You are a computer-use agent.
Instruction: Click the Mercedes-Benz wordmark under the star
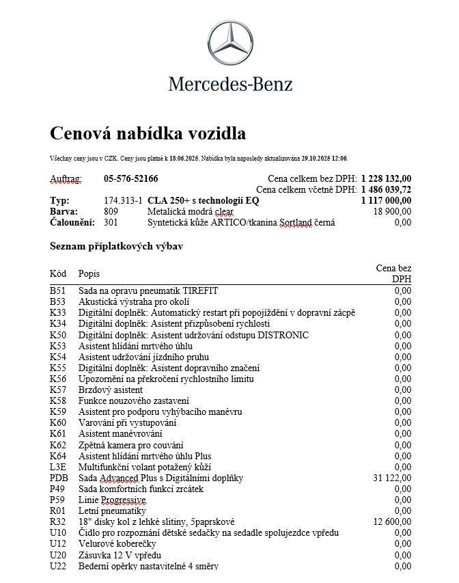coord(230,85)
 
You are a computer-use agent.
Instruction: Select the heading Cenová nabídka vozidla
coord(148,133)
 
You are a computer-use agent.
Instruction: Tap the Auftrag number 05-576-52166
coord(130,179)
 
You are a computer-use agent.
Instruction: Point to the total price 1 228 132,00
coord(386,179)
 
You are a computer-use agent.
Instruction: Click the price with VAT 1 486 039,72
coord(386,190)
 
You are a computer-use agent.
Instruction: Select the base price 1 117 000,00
coord(386,201)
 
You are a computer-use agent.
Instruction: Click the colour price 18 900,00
coord(392,212)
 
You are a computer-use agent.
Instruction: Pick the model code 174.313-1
coord(123,201)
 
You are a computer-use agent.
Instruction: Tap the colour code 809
coord(111,212)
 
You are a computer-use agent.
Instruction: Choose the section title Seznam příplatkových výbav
coord(117,246)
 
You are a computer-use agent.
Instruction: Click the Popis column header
coord(89,274)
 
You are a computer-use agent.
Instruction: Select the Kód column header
coord(58,274)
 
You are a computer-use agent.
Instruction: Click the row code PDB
coord(59,478)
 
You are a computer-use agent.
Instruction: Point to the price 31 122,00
coord(392,478)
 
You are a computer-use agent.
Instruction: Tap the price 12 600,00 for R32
coord(392,521)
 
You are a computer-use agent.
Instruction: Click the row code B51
coord(57,291)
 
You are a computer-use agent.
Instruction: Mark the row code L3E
coord(58,467)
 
